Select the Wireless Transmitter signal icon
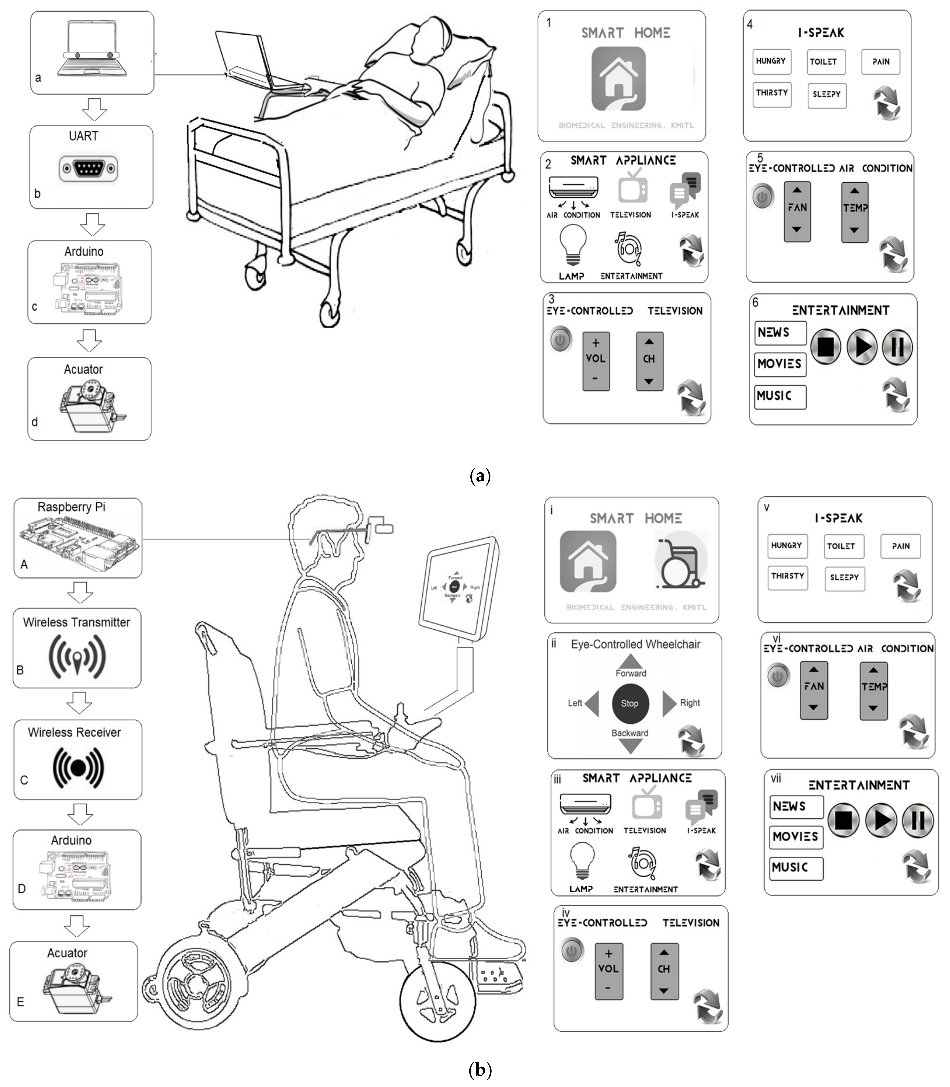coord(77,657)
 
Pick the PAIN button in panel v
coord(900,546)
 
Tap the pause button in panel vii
coord(918,820)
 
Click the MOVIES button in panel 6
coord(779,364)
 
